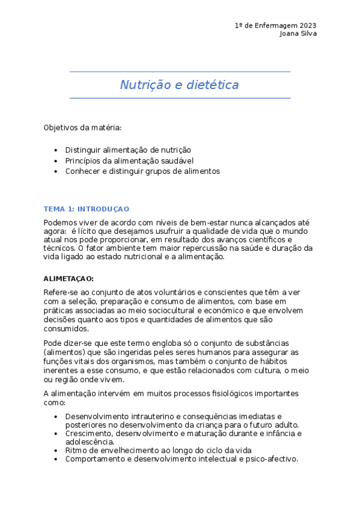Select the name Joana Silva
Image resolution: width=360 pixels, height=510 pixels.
[298, 34]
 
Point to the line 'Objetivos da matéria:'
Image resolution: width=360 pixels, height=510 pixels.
[82, 127]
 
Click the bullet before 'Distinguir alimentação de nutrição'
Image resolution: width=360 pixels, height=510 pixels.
[56, 150]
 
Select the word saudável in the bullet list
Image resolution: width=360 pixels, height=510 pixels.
[188, 161]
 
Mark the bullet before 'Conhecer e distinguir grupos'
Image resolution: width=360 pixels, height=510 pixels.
[56, 171]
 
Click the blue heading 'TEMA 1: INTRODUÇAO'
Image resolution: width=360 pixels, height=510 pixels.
[86, 209]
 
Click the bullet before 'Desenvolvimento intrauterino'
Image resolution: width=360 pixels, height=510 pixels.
[56, 416]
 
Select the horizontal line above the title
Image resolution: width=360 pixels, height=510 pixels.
[180, 72]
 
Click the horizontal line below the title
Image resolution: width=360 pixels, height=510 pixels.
[180, 98]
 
